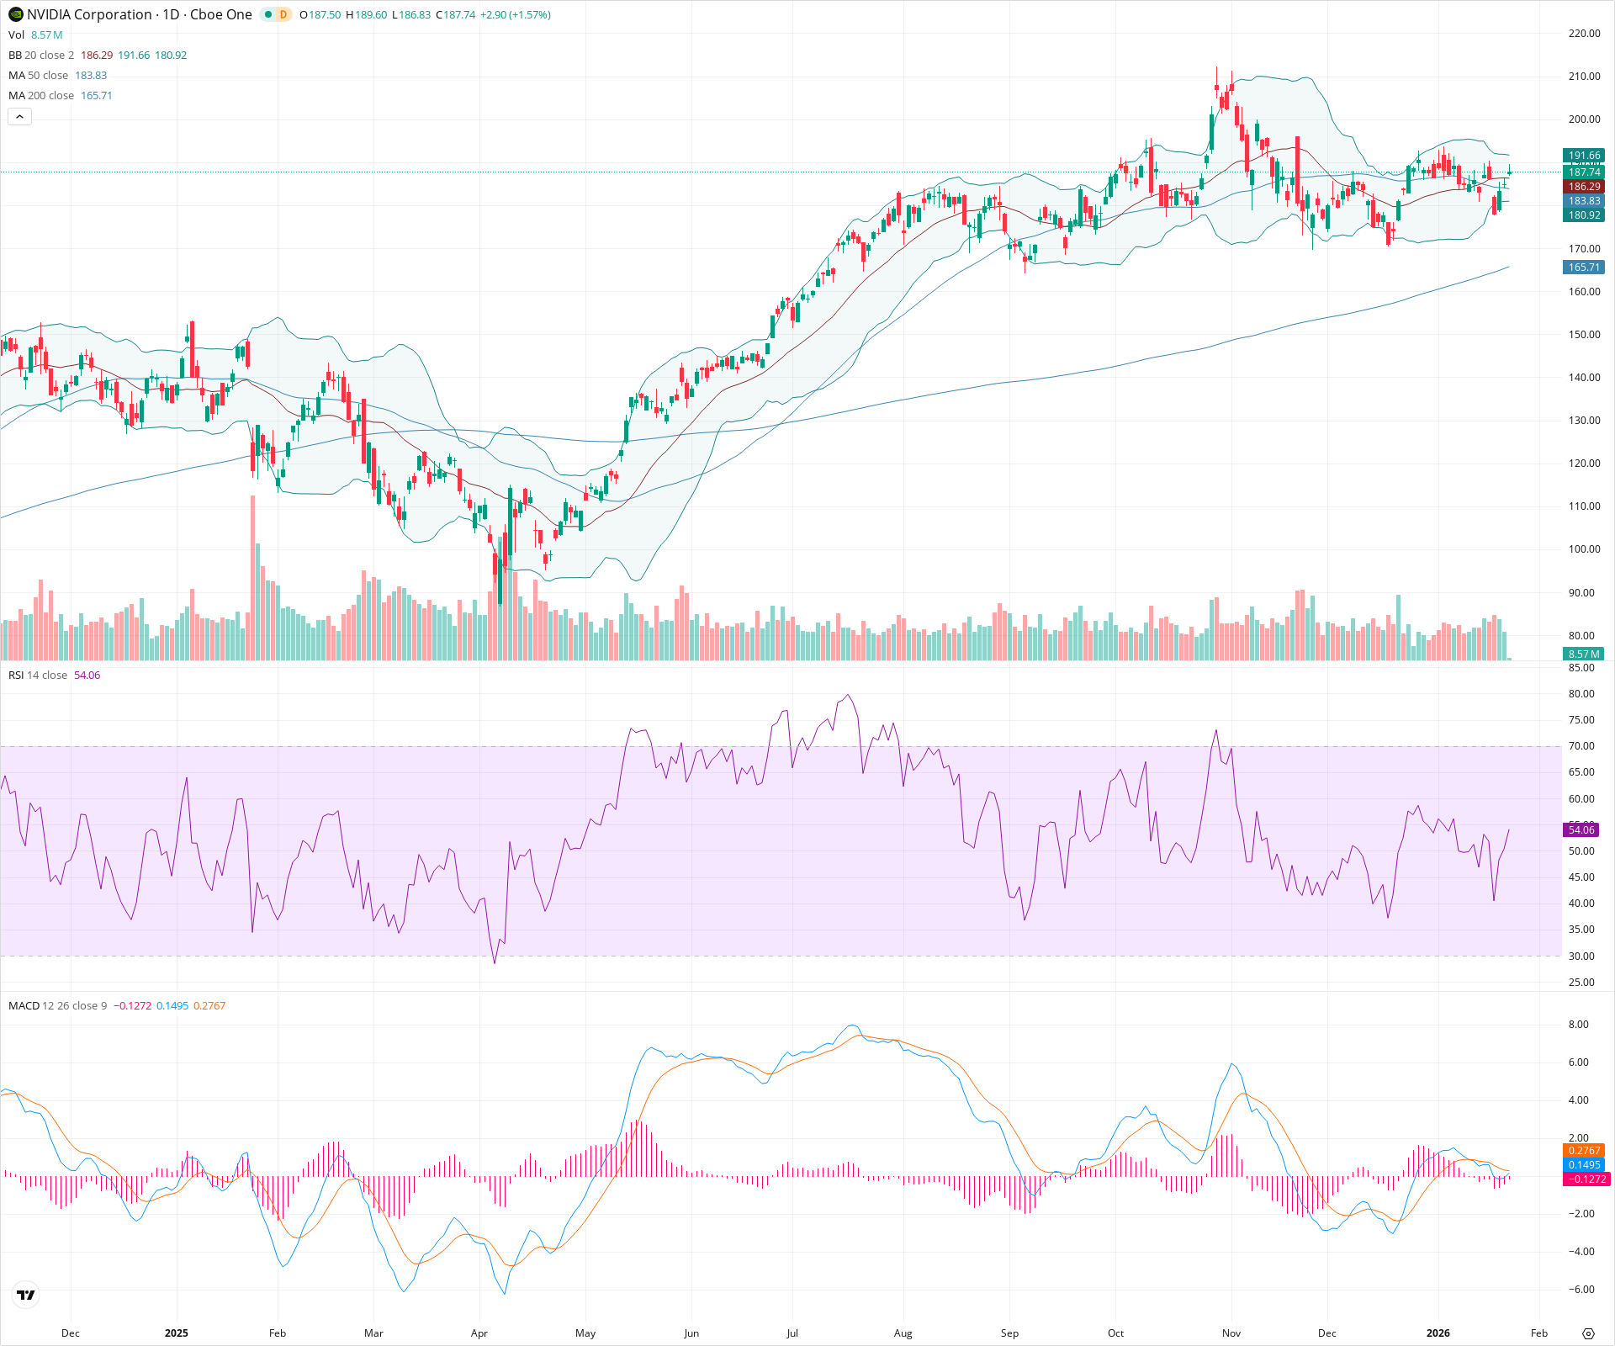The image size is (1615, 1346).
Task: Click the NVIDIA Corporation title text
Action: tap(89, 14)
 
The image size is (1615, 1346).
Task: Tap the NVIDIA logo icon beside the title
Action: tap(15, 14)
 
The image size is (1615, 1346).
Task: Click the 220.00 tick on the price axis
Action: tap(1584, 34)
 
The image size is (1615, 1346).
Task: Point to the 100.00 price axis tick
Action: tap(1584, 549)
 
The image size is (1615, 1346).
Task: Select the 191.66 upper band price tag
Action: tap(1584, 156)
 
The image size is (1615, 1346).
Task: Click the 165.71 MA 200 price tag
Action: tap(1584, 268)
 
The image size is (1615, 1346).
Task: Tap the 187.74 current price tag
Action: tap(1584, 172)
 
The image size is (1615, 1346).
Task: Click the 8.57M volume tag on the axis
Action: tap(1584, 654)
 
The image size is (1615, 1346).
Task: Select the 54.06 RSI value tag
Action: tap(1581, 830)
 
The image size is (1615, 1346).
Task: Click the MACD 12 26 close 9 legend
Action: tap(57, 1006)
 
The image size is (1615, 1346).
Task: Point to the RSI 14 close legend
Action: tap(38, 676)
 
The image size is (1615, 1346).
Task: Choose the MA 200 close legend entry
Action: tap(41, 96)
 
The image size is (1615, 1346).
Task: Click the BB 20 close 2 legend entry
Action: tap(41, 56)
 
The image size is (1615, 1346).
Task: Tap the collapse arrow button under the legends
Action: tap(19, 117)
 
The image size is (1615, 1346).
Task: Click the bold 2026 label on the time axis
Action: tap(1438, 1333)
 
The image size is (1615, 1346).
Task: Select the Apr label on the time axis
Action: tap(479, 1333)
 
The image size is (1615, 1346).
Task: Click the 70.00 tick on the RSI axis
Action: tap(1581, 746)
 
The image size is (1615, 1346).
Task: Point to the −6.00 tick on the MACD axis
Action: tap(1581, 1290)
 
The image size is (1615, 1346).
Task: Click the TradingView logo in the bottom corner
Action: tap(26, 1295)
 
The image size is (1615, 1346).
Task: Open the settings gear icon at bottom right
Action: tap(1588, 1333)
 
